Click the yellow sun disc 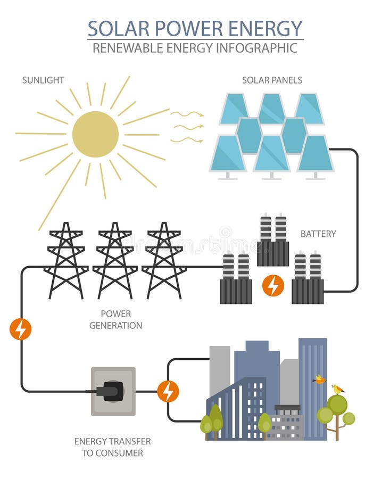95,134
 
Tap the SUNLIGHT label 43,80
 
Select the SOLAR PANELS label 272,80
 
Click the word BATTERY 318,234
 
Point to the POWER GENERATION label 115,319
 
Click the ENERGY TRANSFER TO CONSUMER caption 112,447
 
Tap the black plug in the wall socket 112,391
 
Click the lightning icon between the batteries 273,286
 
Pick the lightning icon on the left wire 21,329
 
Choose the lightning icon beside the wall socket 168,392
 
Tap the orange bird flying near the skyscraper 319,379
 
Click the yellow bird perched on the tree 337,390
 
